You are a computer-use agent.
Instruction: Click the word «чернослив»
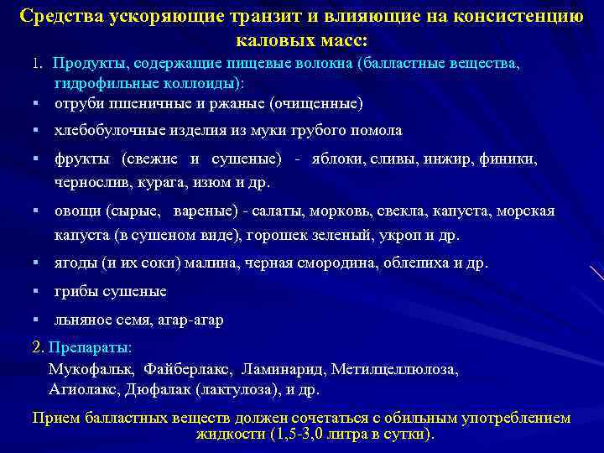click(91, 181)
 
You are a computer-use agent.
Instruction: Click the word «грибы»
click(76, 291)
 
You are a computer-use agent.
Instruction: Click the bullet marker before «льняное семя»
click(36, 320)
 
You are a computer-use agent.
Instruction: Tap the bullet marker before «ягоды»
click(36, 263)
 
